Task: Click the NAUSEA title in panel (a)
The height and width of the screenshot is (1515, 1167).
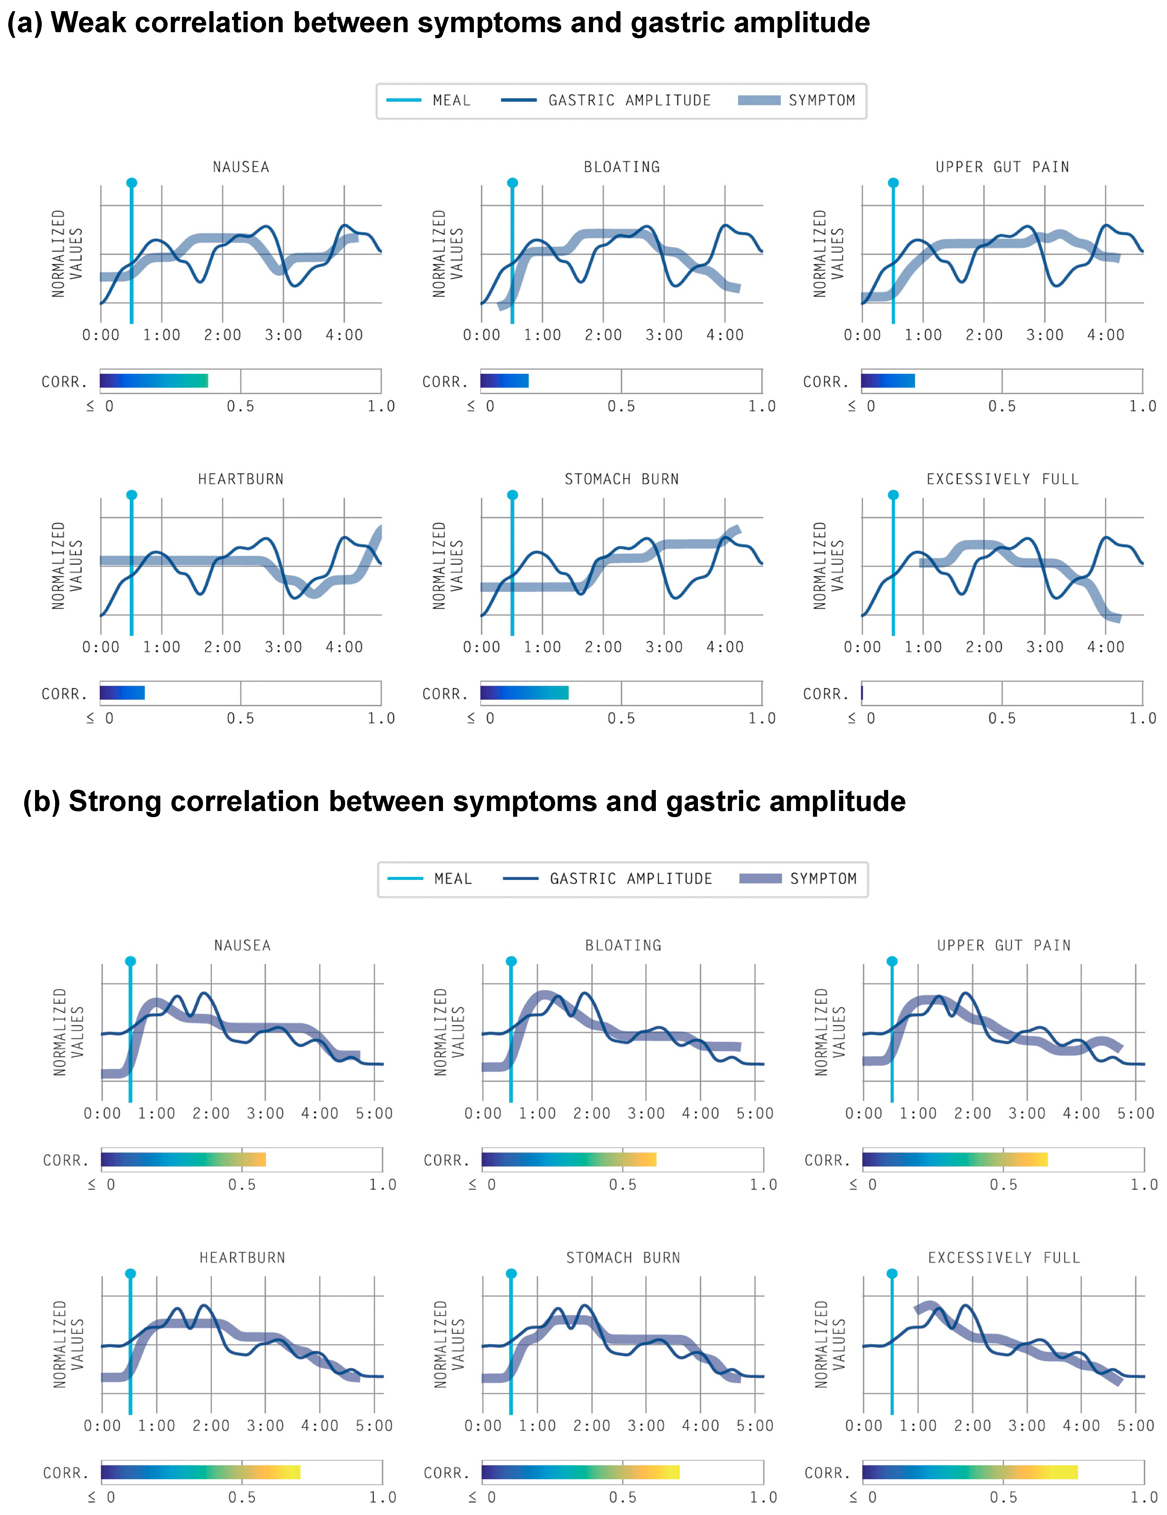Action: point(241,167)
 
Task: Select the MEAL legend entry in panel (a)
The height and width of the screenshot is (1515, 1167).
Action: point(428,101)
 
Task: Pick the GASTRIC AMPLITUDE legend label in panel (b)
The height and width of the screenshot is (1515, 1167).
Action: point(631,879)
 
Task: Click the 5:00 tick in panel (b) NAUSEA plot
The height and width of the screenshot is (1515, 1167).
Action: point(374,1113)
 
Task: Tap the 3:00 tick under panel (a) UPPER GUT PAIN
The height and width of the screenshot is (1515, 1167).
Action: point(1045,335)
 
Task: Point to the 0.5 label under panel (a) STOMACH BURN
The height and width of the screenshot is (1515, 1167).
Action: point(621,719)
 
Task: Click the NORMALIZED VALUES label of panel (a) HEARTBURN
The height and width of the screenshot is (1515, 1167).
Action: point(67,566)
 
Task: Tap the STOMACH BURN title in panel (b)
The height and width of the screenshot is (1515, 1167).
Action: point(623,1258)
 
